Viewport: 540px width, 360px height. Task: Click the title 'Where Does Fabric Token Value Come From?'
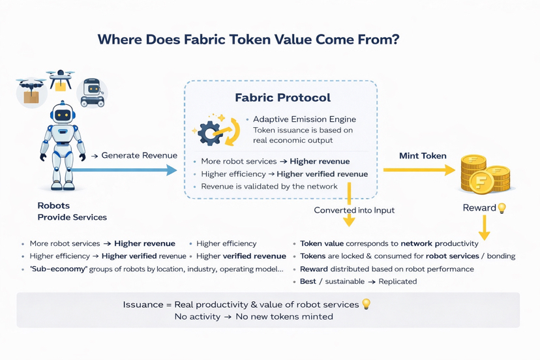tap(248, 39)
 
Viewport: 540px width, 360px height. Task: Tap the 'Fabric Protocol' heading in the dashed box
tap(282, 98)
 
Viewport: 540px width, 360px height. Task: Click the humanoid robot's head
tap(63, 114)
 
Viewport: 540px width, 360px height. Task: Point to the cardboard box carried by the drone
tap(31, 97)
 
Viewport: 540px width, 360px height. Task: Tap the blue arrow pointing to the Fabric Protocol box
tap(124, 170)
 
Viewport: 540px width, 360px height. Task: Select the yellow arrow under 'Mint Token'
tap(419, 170)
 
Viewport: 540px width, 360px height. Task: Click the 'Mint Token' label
tap(423, 156)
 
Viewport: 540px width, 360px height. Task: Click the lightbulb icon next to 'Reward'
tap(502, 208)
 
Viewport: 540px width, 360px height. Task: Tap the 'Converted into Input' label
tap(354, 210)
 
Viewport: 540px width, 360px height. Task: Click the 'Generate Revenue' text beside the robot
tap(139, 155)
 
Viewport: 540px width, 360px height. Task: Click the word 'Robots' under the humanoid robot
tap(53, 205)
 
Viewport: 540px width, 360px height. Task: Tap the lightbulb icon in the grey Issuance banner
tap(367, 304)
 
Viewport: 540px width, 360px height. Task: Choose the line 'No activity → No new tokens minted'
tap(254, 316)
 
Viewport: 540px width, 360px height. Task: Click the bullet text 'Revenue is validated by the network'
tap(269, 187)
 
